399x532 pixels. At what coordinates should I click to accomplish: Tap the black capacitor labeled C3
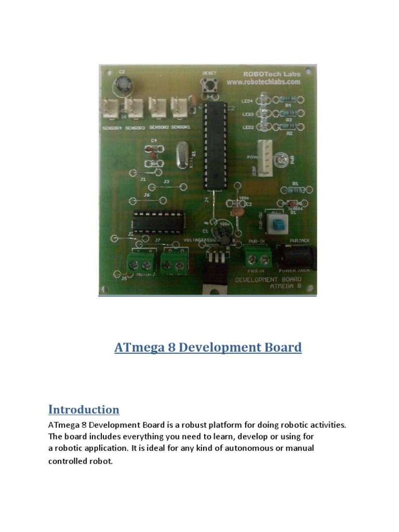124,83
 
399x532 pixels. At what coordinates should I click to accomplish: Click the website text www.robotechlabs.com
264,82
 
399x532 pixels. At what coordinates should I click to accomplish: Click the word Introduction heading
84,409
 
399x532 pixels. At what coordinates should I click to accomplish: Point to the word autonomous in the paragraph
226,448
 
